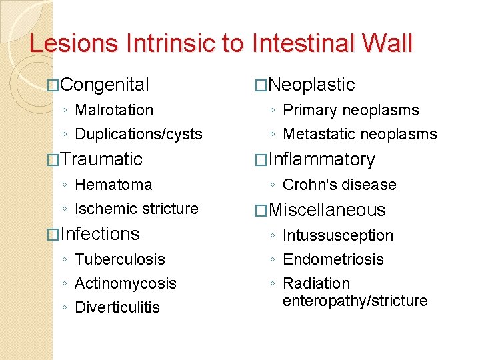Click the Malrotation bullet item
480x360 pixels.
click(114, 110)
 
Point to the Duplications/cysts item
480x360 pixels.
click(139, 134)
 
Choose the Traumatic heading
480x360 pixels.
click(101, 159)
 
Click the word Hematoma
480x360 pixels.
click(113, 185)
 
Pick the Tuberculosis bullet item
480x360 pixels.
click(120, 259)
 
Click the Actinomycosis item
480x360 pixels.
click(125, 283)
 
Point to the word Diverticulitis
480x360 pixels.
click(117, 307)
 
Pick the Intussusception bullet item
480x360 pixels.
click(338, 235)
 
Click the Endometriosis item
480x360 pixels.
click(333, 259)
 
